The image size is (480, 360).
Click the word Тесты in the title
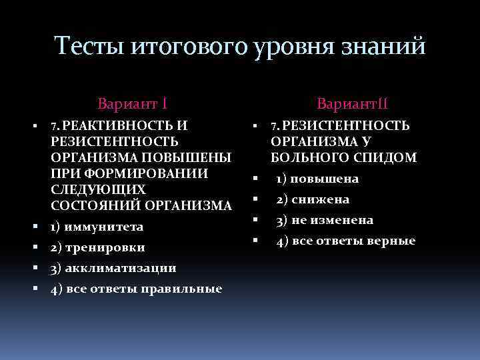coord(88,46)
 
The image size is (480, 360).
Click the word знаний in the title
coord(389,46)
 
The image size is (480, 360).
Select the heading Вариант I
coord(132,104)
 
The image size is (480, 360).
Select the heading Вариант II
coord(353,104)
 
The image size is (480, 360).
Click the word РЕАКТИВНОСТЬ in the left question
coord(119,125)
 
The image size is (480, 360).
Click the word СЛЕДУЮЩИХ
coord(93,189)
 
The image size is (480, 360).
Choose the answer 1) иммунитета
coord(97,227)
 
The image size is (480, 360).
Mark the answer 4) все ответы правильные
coord(136,289)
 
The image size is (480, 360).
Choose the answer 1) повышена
coord(318,179)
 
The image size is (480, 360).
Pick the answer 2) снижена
coord(313,199)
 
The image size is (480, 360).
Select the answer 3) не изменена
coord(325,220)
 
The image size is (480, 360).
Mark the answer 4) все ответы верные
coord(346,241)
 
